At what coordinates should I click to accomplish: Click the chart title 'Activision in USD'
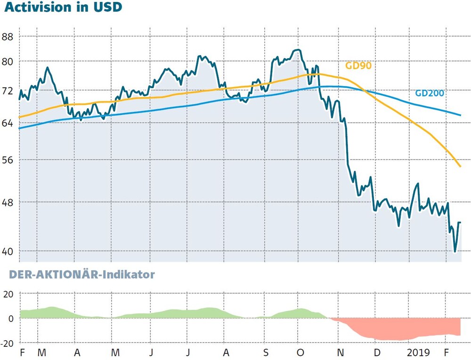click(63, 7)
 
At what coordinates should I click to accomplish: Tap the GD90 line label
click(358, 66)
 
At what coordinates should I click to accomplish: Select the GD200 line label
click(430, 93)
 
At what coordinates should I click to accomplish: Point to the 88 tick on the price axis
click(8, 37)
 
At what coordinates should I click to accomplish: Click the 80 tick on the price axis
click(8, 62)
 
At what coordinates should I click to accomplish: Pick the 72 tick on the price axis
click(8, 91)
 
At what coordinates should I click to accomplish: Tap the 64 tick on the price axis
click(8, 123)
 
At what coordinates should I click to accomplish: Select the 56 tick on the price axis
click(8, 160)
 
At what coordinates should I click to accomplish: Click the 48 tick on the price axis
click(8, 202)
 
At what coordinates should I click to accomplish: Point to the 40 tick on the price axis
click(8, 251)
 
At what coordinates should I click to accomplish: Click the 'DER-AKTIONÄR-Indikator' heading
click(81, 274)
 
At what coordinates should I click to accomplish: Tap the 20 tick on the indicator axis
click(8, 294)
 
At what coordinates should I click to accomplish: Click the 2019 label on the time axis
click(418, 352)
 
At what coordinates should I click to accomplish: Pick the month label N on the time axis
click(340, 352)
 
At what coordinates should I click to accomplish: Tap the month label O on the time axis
click(300, 352)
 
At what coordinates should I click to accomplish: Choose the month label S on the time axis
click(266, 352)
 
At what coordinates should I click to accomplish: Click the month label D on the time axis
click(377, 352)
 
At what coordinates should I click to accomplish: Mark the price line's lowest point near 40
click(455, 251)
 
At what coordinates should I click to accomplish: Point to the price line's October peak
click(298, 50)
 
